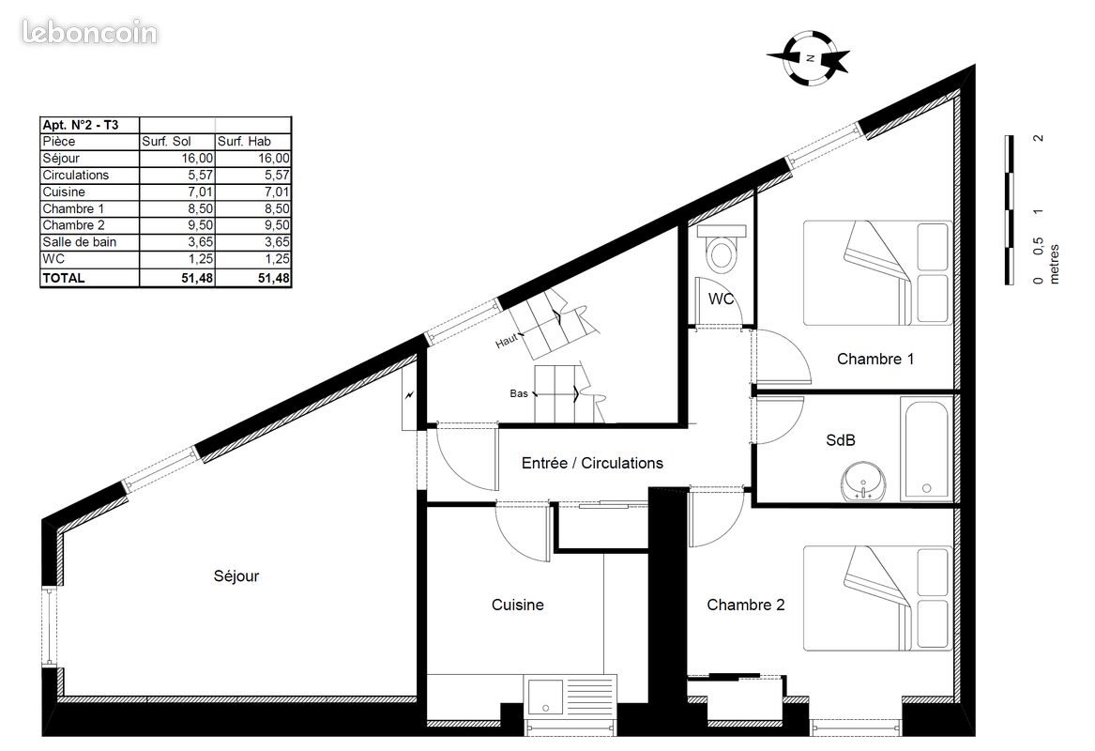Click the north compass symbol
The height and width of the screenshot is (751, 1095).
click(809, 57)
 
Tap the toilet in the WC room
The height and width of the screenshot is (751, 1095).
click(722, 250)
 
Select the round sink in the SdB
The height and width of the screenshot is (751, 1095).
click(863, 483)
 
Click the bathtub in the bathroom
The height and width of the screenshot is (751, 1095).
click(926, 449)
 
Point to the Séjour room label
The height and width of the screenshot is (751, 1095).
click(236, 576)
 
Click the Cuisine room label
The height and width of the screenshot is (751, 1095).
click(517, 605)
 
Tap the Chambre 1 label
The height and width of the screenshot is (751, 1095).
click(874, 359)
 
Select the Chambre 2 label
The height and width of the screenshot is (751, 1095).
click(745, 605)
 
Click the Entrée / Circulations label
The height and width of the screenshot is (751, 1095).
click(592, 463)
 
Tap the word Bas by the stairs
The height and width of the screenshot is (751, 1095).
click(518, 393)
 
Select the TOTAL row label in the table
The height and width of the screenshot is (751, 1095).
click(64, 278)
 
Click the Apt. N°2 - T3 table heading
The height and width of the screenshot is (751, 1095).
click(86, 125)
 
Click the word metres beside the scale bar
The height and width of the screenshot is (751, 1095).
click(1054, 264)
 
